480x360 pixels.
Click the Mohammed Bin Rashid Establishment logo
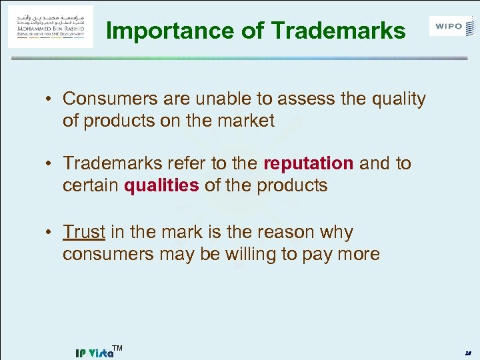pyautogui.click(x=51, y=26)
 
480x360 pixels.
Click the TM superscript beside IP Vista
pyautogui.click(x=117, y=348)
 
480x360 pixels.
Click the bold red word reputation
pyautogui.click(x=309, y=163)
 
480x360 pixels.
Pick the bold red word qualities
pyautogui.click(x=161, y=185)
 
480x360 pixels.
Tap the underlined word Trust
pyautogui.click(x=84, y=232)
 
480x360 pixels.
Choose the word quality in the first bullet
pyautogui.click(x=399, y=99)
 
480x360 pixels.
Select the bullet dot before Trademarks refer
pyautogui.click(x=50, y=163)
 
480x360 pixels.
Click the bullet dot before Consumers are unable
pyautogui.click(x=50, y=99)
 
